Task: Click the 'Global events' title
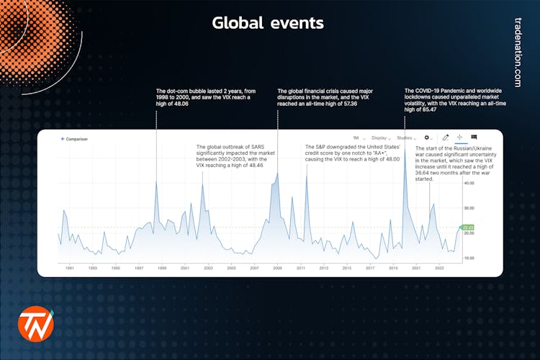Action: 268,23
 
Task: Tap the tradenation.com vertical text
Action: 518,53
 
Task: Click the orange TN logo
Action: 36,324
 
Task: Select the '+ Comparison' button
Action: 74,139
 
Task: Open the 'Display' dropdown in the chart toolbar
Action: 380,138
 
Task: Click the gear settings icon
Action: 427,138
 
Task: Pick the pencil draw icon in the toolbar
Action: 446,137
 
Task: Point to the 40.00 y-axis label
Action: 469,183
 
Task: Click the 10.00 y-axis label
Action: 469,257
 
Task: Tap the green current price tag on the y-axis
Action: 468,228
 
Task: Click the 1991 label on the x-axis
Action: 70,268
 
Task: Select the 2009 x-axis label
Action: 278,268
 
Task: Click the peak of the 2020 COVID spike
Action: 405,149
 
